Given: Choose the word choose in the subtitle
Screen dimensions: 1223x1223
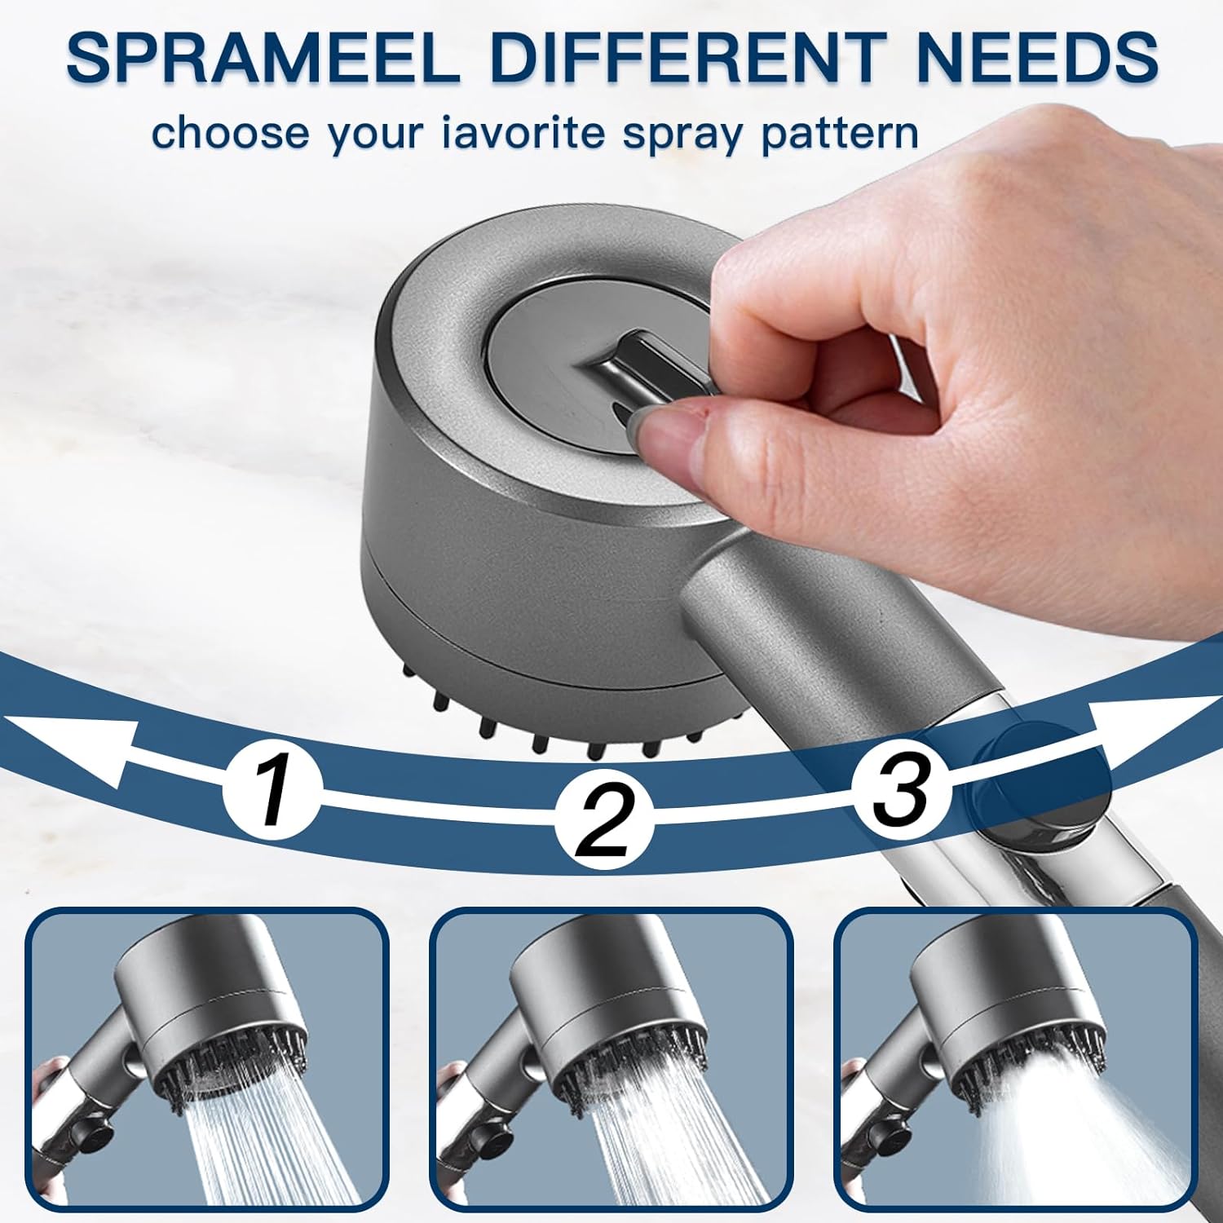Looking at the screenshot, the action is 231,132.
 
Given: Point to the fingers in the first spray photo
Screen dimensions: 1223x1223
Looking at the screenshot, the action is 51,1084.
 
